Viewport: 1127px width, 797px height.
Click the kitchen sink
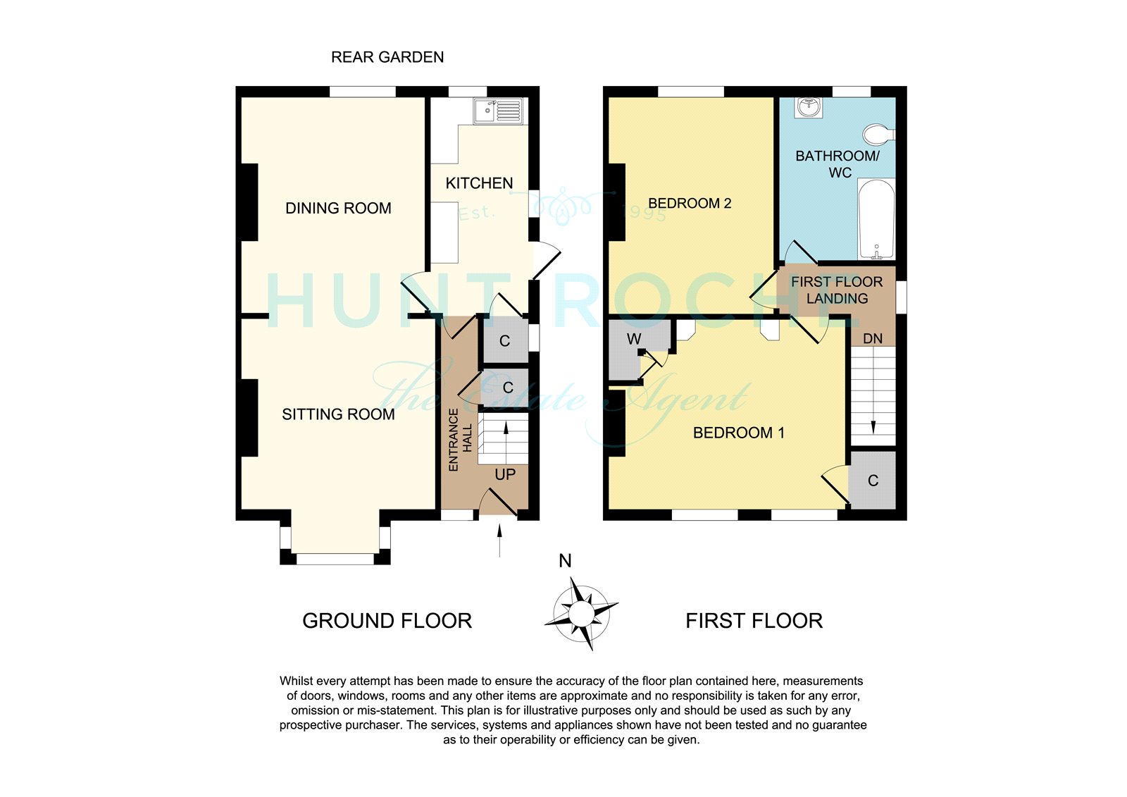tap(498, 111)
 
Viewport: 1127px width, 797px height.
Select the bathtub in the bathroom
tap(876, 219)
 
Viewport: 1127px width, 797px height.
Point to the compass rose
tap(581, 614)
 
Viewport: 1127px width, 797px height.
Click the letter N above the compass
tap(565, 561)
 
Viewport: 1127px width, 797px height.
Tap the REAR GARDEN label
tap(387, 57)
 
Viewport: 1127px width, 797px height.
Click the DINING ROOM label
tap(338, 208)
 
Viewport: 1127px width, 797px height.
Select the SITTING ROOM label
tap(338, 414)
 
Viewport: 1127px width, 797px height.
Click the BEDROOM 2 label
tap(690, 204)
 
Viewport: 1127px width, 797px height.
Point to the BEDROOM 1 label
tap(739, 433)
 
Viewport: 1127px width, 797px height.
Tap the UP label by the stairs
tap(505, 475)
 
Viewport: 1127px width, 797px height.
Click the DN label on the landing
tap(873, 339)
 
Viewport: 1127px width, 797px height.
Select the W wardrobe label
tap(634, 339)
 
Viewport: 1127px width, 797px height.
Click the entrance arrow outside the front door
tap(499, 540)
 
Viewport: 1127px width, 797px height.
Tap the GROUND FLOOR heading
tap(387, 621)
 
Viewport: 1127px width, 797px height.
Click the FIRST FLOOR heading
tap(754, 621)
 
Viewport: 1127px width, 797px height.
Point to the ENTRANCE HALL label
tap(461, 440)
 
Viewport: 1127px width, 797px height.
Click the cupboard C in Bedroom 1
tap(873, 481)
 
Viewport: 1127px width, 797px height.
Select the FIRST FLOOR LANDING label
tap(837, 290)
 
